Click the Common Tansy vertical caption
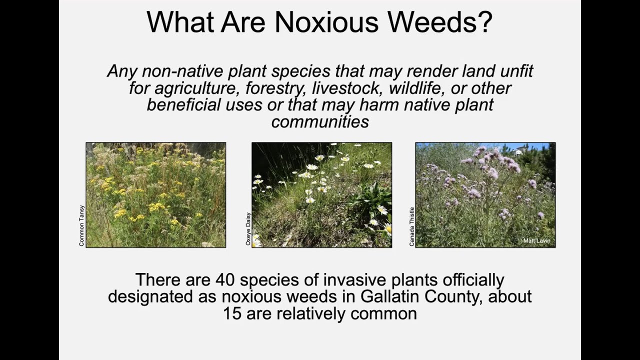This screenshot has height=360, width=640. point(82,225)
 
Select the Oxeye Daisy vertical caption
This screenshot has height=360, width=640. point(248,229)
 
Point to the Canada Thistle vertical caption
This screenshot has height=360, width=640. point(412,226)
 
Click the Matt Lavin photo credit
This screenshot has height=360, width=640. point(536,241)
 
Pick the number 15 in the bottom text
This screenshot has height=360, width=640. point(232,313)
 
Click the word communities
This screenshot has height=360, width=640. point(320,121)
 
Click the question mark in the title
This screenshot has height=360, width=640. point(484,21)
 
